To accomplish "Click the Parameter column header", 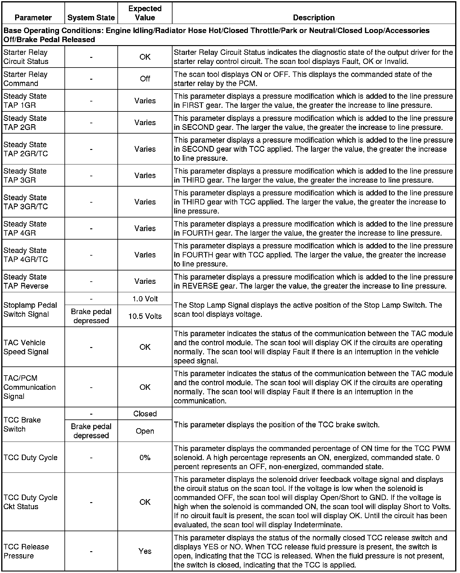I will (x=33, y=18).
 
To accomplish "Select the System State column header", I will (x=91, y=18).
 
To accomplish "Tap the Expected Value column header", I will (x=145, y=13).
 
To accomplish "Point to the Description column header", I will (x=314, y=18).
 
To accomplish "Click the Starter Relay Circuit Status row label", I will (x=26, y=57).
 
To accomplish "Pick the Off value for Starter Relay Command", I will (x=145, y=79).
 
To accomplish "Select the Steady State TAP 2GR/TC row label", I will (x=26, y=149).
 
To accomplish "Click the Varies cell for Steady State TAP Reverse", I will (x=145, y=281).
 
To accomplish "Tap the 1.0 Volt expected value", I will (x=145, y=299).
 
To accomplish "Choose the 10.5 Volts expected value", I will (x=145, y=316).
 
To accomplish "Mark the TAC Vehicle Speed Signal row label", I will (x=26, y=347).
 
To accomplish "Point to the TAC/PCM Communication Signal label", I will (x=29, y=387).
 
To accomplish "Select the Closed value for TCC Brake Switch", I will (x=145, y=414).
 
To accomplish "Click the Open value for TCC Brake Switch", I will (x=145, y=431).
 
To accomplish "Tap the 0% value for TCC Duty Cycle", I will (x=145, y=457).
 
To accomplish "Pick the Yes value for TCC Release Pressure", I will (x=145, y=551).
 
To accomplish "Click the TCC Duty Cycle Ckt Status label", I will (x=30, y=502).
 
